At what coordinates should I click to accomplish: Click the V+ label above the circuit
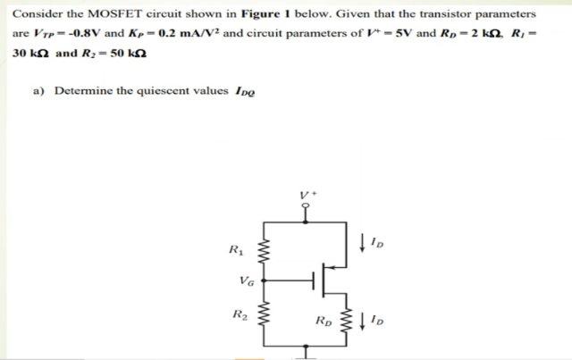(307, 191)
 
